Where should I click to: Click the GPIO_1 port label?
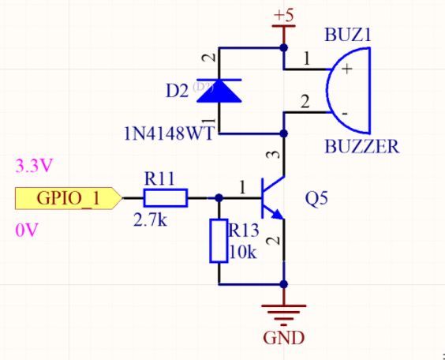click(x=67, y=197)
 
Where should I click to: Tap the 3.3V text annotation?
click(x=34, y=167)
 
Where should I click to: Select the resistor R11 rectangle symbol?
click(x=165, y=197)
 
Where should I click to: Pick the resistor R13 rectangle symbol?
click(x=219, y=241)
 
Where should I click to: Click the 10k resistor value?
click(x=243, y=253)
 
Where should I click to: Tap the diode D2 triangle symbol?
click(x=219, y=91)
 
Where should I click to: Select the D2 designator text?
click(x=177, y=91)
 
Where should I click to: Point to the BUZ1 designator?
click(x=348, y=36)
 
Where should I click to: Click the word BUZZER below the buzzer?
click(x=362, y=146)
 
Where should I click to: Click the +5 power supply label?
click(x=283, y=16)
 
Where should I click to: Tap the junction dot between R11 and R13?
click(x=219, y=197)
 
